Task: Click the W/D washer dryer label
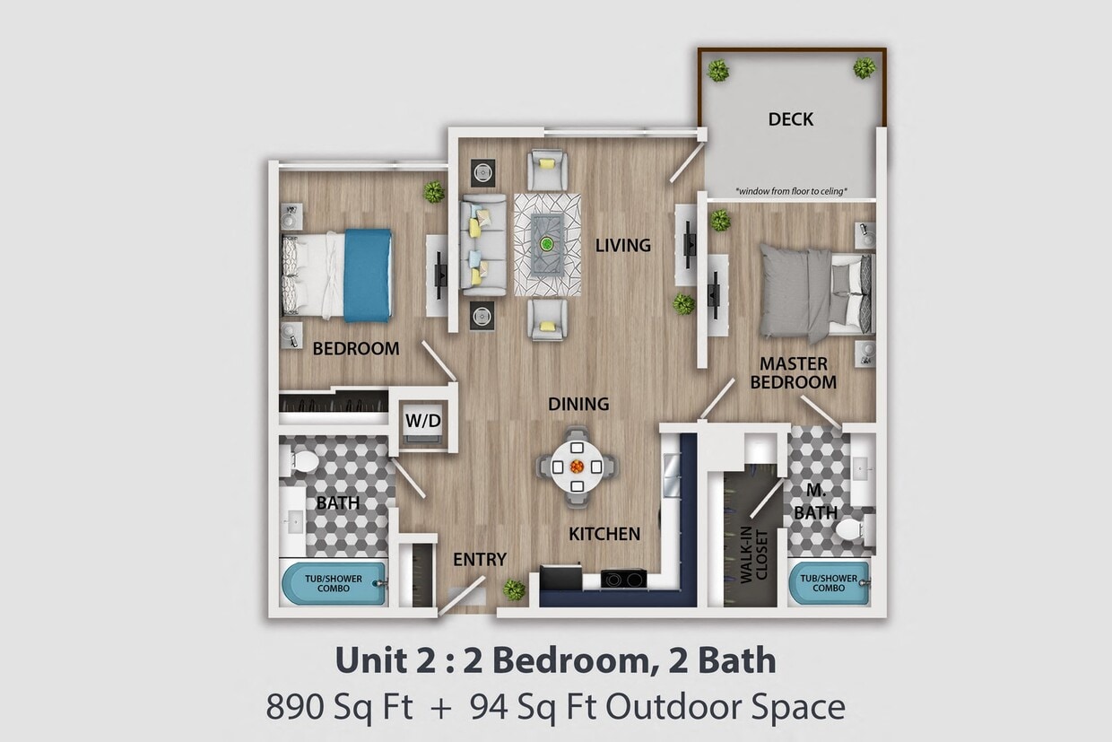(x=422, y=419)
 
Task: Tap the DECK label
(x=790, y=118)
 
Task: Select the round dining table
(x=577, y=467)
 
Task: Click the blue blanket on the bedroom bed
(x=368, y=275)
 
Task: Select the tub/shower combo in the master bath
(x=828, y=583)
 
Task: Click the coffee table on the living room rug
(x=546, y=244)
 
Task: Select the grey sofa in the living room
(x=482, y=245)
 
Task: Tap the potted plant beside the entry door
(x=514, y=589)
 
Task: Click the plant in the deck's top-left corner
(x=717, y=70)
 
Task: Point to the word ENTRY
(x=479, y=560)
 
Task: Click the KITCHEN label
(x=604, y=535)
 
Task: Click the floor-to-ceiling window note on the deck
(x=791, y=191)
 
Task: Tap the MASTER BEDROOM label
(x=793, y=372)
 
